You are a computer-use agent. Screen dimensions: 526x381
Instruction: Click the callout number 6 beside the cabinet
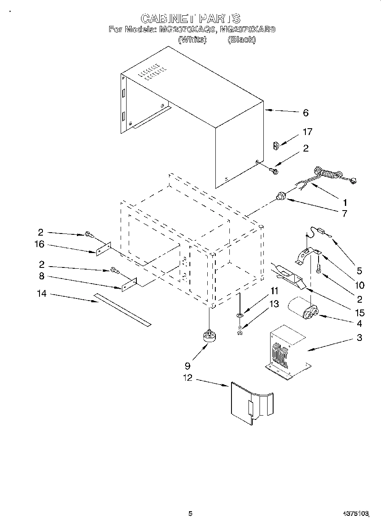(x=305, y=113)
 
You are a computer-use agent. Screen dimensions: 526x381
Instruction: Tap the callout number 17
(x=307, y=132)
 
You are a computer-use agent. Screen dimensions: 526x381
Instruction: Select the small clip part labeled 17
(x=275, y=146)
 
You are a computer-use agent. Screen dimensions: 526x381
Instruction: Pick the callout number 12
(x=187, y=377)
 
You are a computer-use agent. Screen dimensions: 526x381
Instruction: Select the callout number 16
(x=40, y=245)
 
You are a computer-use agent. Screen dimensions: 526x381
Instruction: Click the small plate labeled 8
(x=129, y=284)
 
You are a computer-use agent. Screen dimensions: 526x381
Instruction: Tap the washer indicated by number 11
(x=240, y=315)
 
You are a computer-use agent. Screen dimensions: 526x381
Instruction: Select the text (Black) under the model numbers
(x=242, y=39)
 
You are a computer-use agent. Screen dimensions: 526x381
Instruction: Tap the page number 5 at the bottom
(x=190, y=514)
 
